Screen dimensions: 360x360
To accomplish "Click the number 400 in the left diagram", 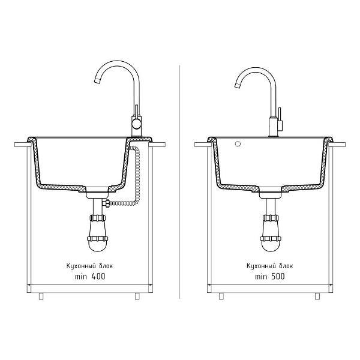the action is click(x=98, y=276).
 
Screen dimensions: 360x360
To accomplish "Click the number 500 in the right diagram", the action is click(x=278, y=276).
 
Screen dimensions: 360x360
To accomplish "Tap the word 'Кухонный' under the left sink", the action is click(x=81, y=266).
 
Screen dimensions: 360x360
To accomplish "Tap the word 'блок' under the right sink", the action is click(x=286, y=266).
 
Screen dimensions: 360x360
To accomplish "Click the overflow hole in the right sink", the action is click(x=238, y=144).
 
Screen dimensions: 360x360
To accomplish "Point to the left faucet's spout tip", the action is click(x=97, y=80).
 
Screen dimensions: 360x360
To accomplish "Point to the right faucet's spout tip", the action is click(x=237, y=85).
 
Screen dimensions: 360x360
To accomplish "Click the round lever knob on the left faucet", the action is click(x=136, y=125).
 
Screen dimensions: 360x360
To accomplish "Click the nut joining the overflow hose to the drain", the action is click(x=106, y=203).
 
